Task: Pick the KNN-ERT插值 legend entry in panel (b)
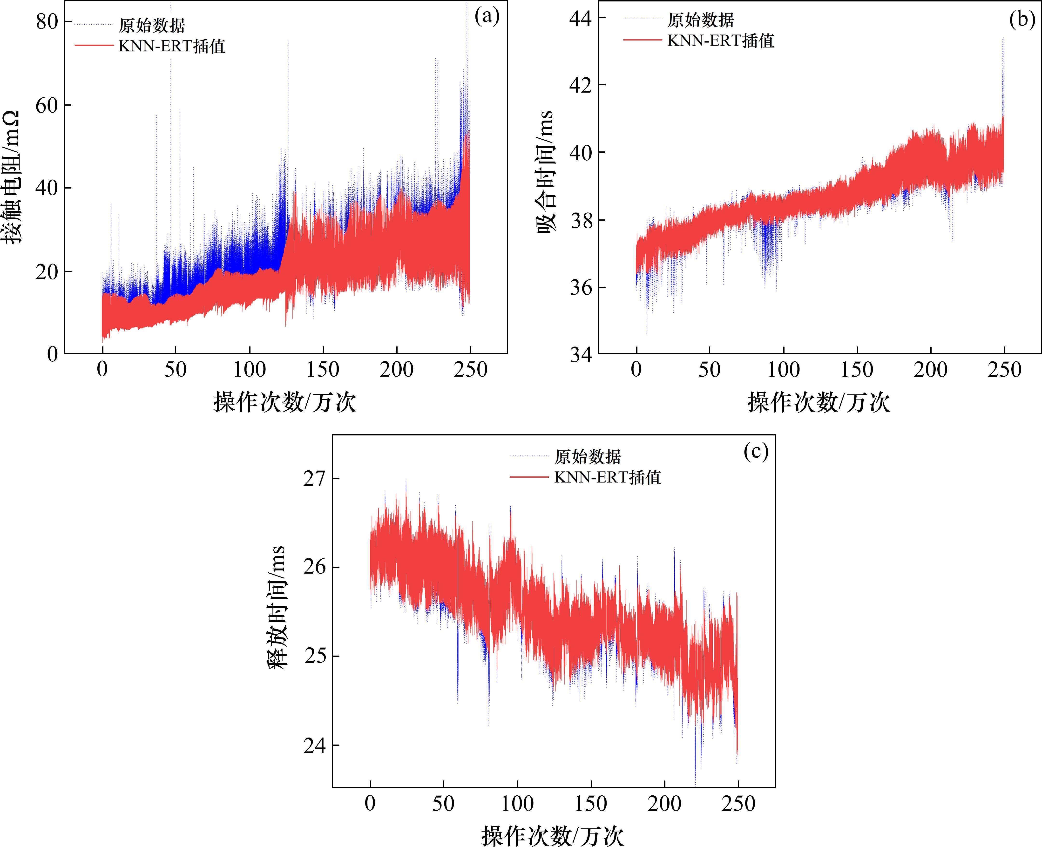pyautogui.click(x=721, y=41)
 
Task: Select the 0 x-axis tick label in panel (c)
pyautogui.click(x=370, y=804)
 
